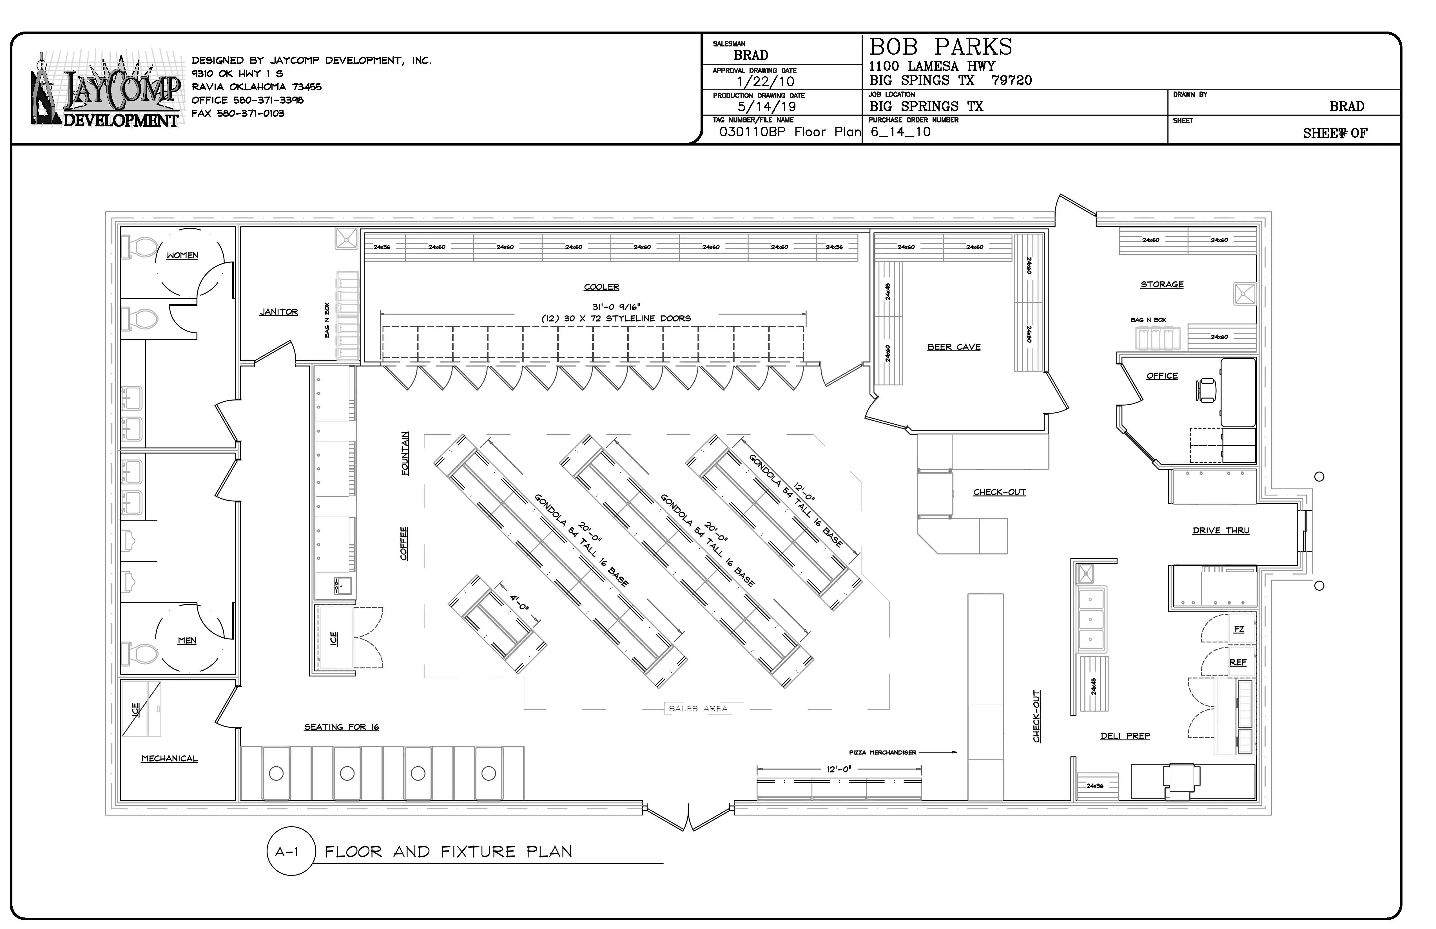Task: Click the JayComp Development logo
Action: (x=106, y=90)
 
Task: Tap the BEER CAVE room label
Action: (x=953, y=347)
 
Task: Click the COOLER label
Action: (x=601, y=287)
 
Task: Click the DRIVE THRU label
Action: (x=1221, y=530)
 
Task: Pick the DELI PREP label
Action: (x=1125, y=736)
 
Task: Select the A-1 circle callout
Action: (x=290, y=851)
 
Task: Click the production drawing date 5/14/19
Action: (x=766, y=107)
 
